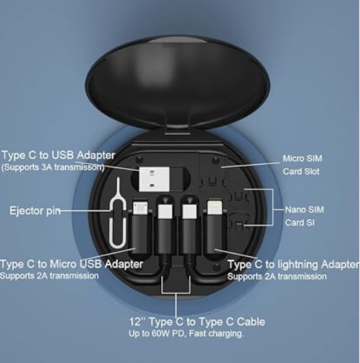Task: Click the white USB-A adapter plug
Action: (x=154, y=179)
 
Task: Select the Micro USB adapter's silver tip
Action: (x=140, y=207)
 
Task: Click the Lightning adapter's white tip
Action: (x=214, y=207)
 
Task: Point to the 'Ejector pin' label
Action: (x=35, y=211)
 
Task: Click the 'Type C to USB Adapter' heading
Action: (x=58, y=155)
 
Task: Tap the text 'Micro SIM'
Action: (x=302, y=159)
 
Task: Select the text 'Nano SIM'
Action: (x=304, y=209)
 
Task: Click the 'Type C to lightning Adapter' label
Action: (x=293, y=265)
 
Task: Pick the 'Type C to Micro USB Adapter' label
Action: (x=72, y=264)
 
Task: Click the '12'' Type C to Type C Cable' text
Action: (x=197, y=322)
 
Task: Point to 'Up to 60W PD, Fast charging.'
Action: (x=186, y=334)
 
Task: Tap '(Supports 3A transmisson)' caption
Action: (x=53, y=167)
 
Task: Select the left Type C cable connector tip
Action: (x=165, y=211)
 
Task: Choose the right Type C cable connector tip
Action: (x=189, y=211)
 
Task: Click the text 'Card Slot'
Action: (x=301, y=172)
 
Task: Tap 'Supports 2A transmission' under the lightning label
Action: (x=277, y=276)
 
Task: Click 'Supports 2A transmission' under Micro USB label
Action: (x=49, y=275)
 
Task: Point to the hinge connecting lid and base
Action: (x=178, y=130)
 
